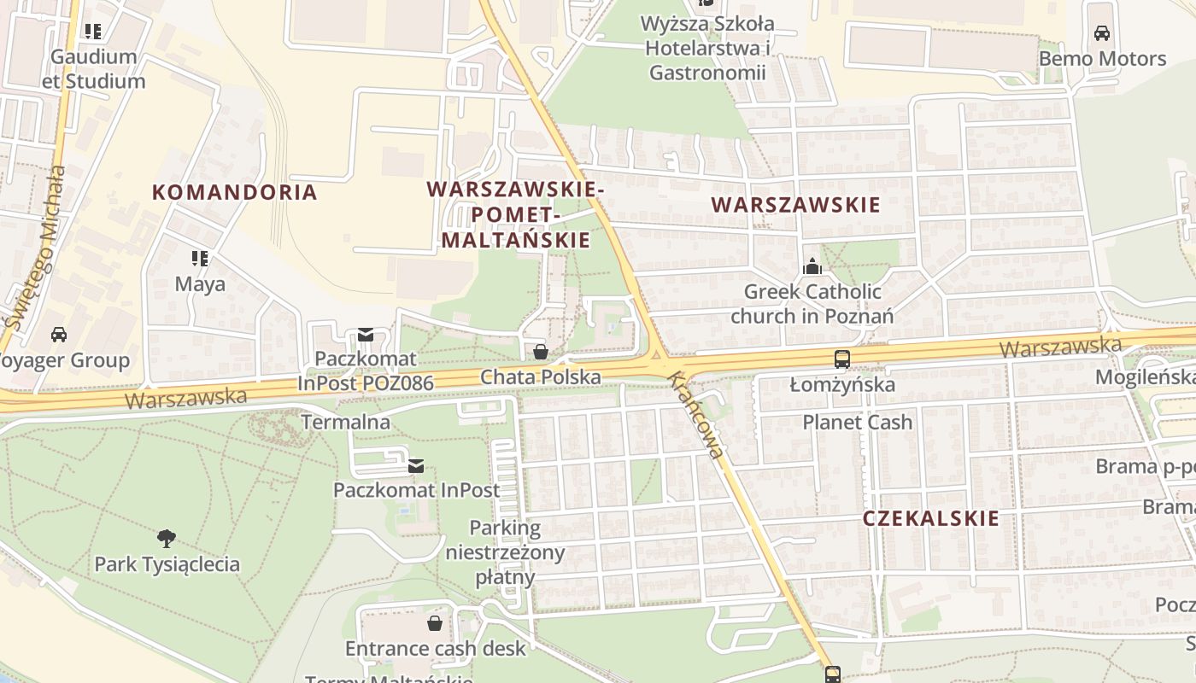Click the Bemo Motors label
click(x=1102, y=59)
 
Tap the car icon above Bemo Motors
click(x=1102, y=33)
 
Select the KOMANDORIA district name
click(x=235, y=192)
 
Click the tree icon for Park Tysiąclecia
click(x=167, y=539)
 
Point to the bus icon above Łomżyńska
click(x=842, y=359)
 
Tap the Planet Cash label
click(x=857, y=422)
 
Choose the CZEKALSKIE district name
click(x=930, y=518)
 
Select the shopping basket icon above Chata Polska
click(x=540, y=352)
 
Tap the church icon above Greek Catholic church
click(x=812, y=266)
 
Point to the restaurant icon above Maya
click(x=200, y=258)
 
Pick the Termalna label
click(x=345, y=422)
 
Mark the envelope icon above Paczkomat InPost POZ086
click(x=366, y=335)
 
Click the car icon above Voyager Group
click(x=58, y=334)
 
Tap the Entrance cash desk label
click(x=436, y=648)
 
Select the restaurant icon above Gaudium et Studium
click(x=93, y=32)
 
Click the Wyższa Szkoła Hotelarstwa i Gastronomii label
click(x=708, y=48)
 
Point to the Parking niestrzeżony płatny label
click(x=505, y=552)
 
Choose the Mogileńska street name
click(x=1146, y=377)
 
